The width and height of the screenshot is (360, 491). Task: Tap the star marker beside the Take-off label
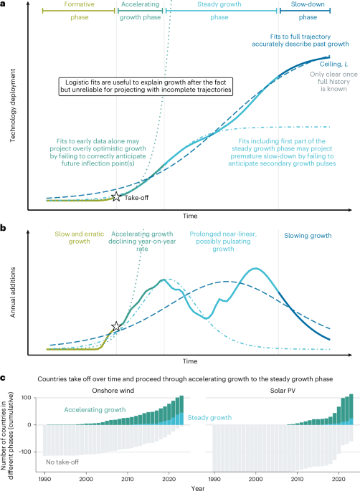[116, 196]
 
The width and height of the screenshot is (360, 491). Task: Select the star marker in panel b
[116, 327]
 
